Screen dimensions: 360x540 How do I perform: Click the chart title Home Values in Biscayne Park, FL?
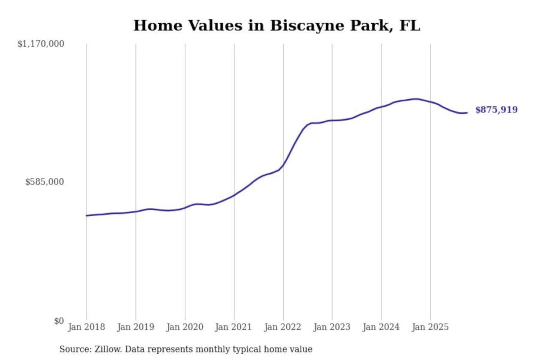click(277, 25)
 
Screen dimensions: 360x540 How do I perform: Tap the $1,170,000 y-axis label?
click(41, 44)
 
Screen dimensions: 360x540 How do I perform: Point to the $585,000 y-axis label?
click(45, 182)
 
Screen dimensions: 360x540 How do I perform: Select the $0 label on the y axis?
click(59, 321)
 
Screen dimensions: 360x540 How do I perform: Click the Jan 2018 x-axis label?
click(86, 327)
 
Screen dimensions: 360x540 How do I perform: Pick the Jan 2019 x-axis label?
click(135, 327)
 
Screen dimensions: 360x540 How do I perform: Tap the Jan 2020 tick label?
click(184, 327)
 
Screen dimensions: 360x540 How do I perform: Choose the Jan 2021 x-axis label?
click(233, 327)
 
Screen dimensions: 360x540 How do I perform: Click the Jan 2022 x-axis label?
click(282, 327)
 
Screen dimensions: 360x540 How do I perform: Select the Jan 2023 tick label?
click(331, 327)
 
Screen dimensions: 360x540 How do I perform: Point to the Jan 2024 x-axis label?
click(381, 327)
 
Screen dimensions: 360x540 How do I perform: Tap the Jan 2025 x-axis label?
click(430, 327)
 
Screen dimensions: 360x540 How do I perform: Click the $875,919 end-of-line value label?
click(496, 110)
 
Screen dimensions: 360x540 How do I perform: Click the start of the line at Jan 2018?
click(87, 216)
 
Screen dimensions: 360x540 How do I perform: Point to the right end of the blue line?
click(467, 112)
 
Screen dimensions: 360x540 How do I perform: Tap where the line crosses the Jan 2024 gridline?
click(381, 107)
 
